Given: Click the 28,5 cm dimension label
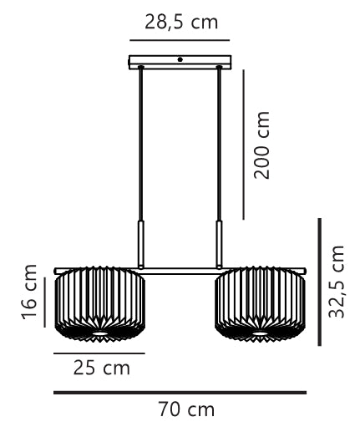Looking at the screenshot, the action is tap(181, 23).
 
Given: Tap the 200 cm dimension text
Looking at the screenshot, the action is tap(261, 145).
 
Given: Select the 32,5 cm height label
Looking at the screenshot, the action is tap(337, 282).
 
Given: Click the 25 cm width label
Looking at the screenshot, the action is tap(102, 368).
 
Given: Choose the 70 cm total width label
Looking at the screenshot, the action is tap(186, 409).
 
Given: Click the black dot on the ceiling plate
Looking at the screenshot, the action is tap(180, 59).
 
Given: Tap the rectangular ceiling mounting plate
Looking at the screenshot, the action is tap(180, 62).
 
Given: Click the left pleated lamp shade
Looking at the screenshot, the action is tap(100, 304).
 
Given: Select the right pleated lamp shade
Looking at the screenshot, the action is tap(260, 304).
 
